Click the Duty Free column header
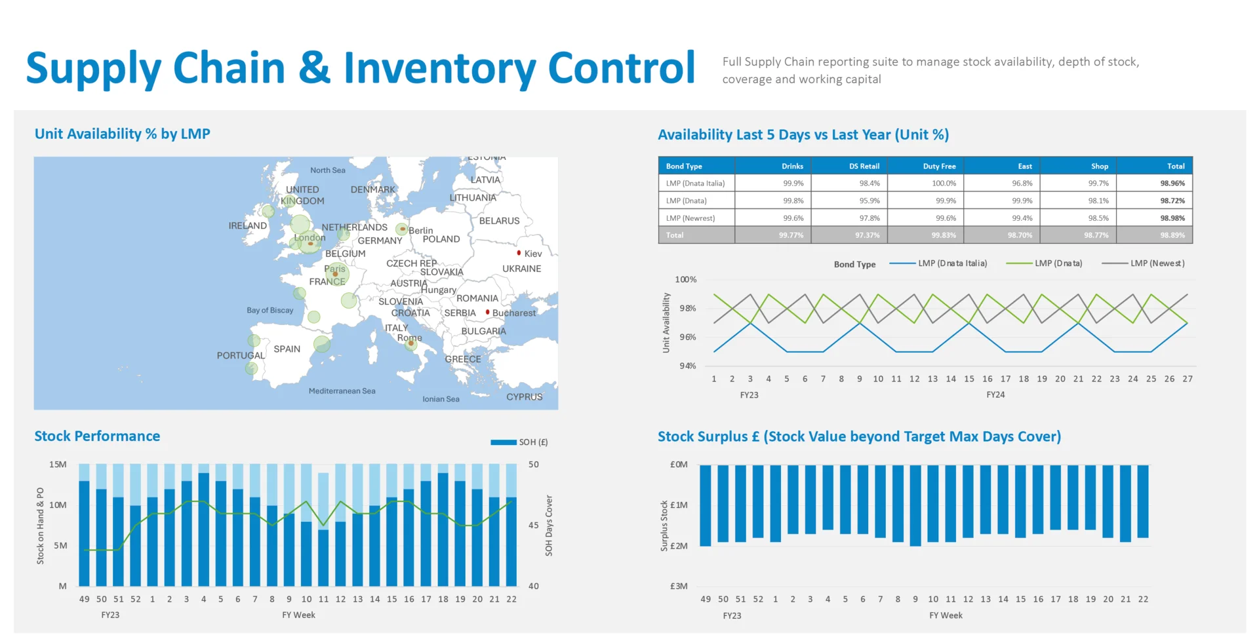939,166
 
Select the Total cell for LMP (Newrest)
1172,218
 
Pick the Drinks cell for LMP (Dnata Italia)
793,184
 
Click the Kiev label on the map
532,254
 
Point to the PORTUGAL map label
241,356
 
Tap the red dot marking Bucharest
487,313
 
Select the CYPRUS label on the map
524,397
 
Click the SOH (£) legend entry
532,442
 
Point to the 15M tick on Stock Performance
58,465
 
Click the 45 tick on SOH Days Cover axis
534,526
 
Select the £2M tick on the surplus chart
679,546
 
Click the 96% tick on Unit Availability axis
687,338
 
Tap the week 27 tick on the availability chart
1187,379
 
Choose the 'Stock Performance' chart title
97,436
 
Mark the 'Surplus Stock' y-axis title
664,526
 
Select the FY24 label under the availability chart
995,395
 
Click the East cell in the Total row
1020,235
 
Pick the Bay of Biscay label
270,311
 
